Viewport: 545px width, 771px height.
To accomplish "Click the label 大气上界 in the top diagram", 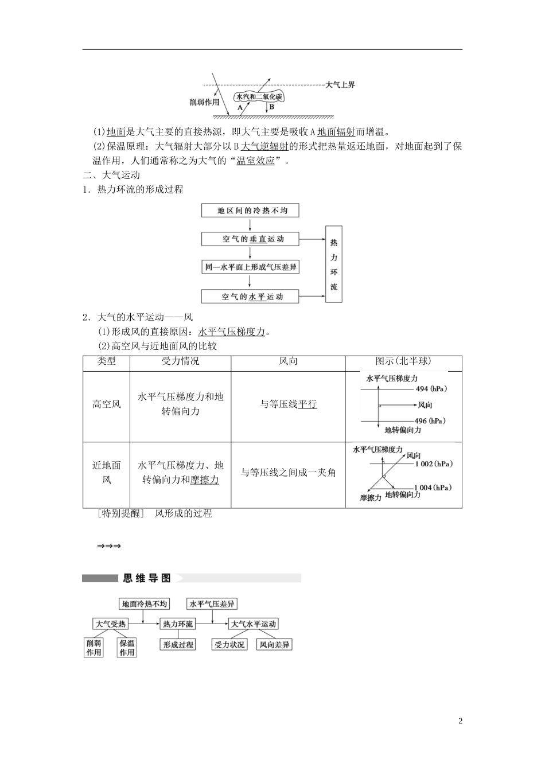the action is tap(340, 85).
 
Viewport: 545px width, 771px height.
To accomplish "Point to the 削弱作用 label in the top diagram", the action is tap(205, 102).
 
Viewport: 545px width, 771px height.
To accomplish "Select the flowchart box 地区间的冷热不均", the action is tap(252, 211).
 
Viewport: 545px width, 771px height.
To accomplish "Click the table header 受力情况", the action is tap(180, 361).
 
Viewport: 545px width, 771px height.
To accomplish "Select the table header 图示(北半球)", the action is tap(403, 361).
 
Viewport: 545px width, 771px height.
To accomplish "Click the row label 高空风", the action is tap(107, 404).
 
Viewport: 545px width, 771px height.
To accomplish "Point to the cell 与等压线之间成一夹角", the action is tap(288, 473).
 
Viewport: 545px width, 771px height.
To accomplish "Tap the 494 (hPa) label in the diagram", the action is tap(431, 389).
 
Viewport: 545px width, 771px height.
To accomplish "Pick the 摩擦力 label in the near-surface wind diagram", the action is tap(371, 498).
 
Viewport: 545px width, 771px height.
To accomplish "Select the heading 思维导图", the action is tap(147, 578).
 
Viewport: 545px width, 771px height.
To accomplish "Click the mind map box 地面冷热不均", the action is tap(145, 603).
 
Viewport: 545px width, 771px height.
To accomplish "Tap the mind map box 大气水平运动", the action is tap(253, 624).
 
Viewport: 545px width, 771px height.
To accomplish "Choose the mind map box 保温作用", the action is tap(127, 648).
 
